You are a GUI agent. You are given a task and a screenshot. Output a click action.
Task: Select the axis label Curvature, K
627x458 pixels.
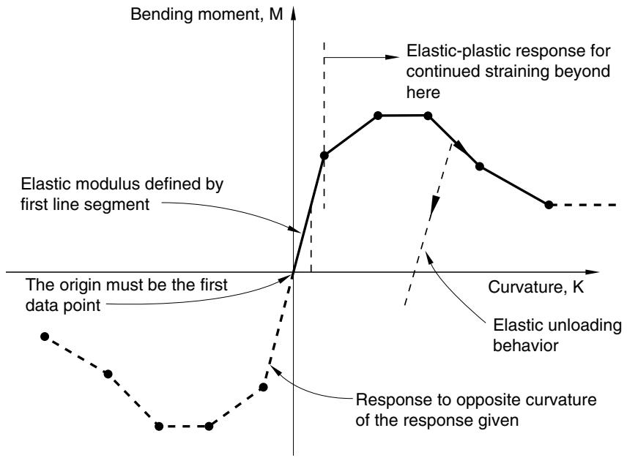pos(536,287)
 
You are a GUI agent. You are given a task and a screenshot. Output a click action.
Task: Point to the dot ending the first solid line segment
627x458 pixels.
pos(324,155)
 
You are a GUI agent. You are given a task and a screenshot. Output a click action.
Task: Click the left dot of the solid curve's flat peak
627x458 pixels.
pos(377,116)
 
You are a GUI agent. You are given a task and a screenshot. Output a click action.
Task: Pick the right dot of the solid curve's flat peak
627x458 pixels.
pos(428,116)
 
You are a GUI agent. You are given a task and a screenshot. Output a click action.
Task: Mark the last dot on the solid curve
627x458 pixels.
pos(549,205)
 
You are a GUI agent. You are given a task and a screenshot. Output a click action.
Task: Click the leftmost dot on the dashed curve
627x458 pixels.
pos(45,337)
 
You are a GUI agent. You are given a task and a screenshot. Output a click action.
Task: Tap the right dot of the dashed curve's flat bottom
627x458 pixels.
pos(209,427)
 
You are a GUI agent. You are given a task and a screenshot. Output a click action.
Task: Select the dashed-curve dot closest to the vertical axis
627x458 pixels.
pos(263,387)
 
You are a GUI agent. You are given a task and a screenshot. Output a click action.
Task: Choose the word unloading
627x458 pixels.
pos(587,326)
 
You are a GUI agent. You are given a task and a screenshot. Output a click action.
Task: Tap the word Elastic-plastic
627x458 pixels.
pos(460,51)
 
